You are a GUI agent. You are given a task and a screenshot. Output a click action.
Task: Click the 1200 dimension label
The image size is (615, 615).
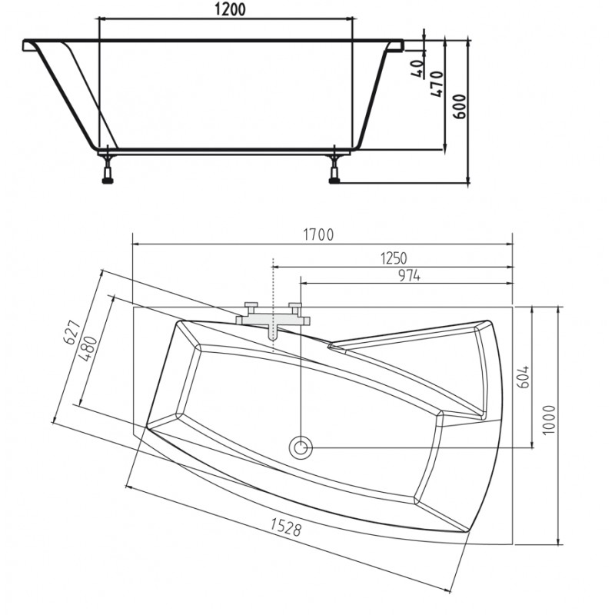point(230,9)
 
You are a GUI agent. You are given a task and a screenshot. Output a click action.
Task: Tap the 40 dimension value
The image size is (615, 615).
point(418,68)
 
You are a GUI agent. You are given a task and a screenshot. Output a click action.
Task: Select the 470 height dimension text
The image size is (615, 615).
point(437,84)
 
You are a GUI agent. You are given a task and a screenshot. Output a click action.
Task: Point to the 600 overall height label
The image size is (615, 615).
point(460,106)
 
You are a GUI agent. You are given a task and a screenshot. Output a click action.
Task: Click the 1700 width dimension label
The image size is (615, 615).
point(318,234)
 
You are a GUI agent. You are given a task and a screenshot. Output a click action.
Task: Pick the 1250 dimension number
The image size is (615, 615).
point(394,258)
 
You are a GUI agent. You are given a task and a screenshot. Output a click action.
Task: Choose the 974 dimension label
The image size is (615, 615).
point(410,276)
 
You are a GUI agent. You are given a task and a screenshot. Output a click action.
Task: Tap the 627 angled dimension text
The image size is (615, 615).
point(72,333)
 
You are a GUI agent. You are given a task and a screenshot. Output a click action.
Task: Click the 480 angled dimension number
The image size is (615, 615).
point(88,349)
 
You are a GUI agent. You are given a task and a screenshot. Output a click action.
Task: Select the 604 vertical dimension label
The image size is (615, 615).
point(523,377)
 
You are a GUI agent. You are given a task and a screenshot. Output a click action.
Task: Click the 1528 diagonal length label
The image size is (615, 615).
point(286,527)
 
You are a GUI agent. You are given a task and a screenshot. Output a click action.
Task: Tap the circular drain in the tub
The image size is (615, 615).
point(301,447)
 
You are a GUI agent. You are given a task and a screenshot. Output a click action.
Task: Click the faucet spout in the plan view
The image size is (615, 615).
point(273,331)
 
